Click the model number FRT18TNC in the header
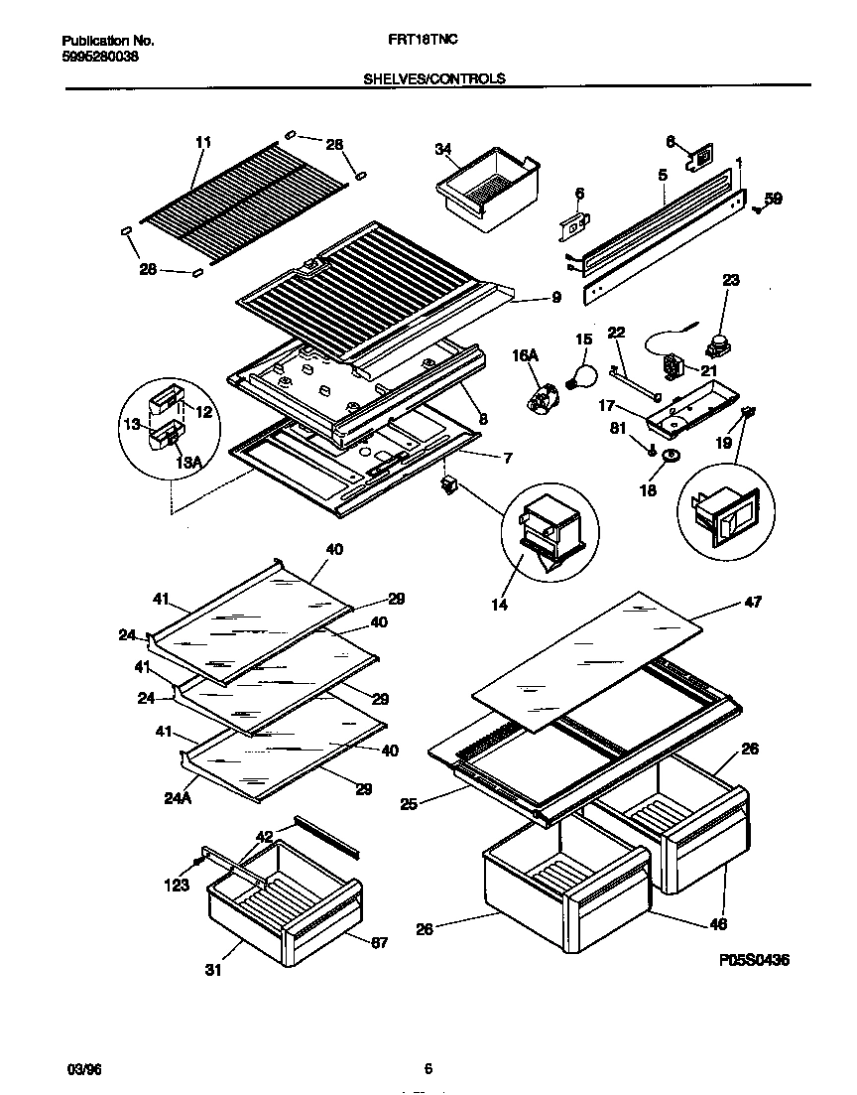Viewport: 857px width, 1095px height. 429,41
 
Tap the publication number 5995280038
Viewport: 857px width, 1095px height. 100,57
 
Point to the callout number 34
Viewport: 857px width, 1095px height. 442,150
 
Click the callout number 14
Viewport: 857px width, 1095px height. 499,604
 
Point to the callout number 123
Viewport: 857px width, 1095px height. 177,886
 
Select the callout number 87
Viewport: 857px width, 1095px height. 378,942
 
